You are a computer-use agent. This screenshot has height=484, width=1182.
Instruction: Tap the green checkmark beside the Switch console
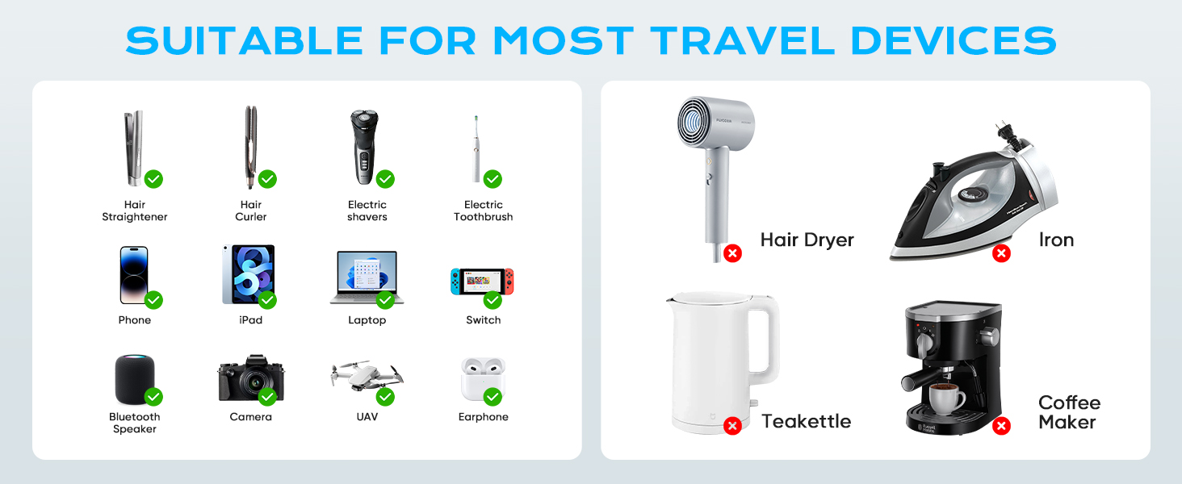[492, 300]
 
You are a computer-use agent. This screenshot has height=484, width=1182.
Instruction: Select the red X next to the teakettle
[732, 425]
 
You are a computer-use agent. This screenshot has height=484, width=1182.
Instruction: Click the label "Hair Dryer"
[807, 240]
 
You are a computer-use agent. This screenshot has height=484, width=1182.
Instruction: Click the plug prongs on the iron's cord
[1005, 131]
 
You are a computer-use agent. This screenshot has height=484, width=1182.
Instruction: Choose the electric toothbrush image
[476, 150]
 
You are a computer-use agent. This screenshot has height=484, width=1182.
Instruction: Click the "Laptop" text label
[367, 320]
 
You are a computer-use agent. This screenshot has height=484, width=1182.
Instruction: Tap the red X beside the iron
[1001, 253]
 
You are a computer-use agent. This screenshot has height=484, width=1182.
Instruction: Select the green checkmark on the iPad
[267, 300]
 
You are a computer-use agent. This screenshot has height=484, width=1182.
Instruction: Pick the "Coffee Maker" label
[1068, 412]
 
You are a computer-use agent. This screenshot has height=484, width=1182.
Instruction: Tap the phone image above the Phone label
[134, 275]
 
